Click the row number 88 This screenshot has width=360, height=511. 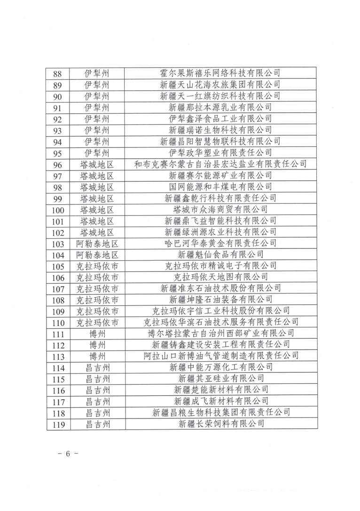pyautogui.click(x=58, y=74)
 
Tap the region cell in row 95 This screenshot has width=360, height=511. pyautogui.click(x=97, y=153)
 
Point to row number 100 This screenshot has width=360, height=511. pyautogui.click(x=58, y=209)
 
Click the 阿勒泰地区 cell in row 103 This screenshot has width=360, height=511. pyautogui.click(x=97, y=243)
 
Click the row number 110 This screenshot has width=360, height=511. pyautogui.click(x=58, y=322)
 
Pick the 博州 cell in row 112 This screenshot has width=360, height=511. pyautogui.click(x=97, y=345)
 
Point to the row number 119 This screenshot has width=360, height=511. pyautogui.click(x=58, y=424)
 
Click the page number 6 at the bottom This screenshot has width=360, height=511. pyautogui.click(x=67, y=454)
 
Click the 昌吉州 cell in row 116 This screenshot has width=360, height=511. pyautogui.click(x=97, y=390)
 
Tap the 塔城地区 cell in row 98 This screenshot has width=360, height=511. pyautogui.click(x=97, y=186)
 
